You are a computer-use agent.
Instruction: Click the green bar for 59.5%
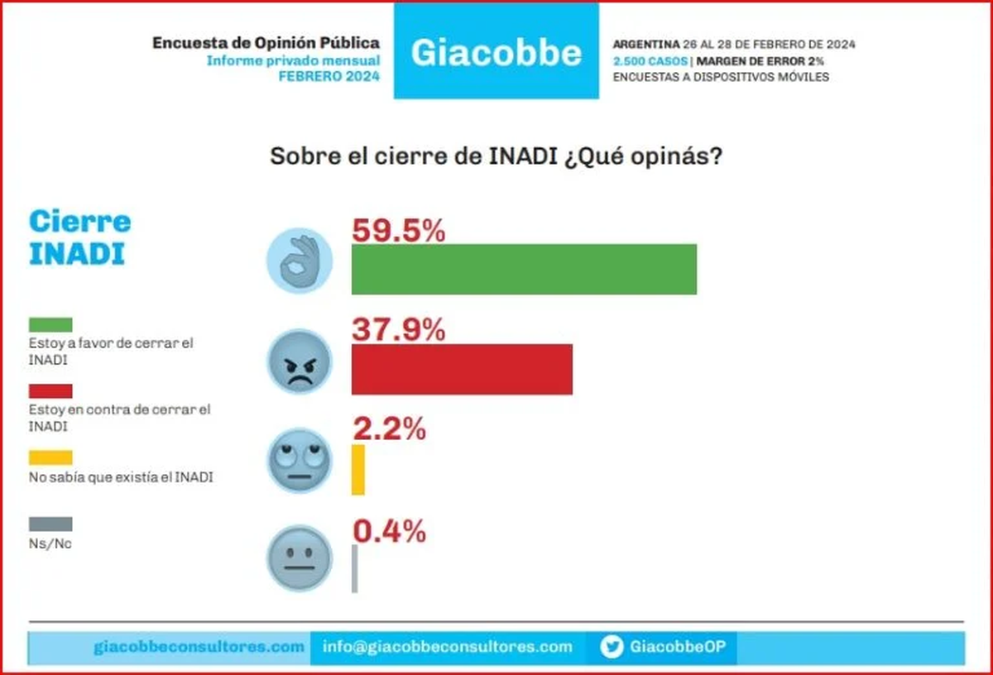tap(524, 270)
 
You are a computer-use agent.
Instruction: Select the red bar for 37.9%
tap(462, 369)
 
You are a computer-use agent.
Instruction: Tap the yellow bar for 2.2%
tap(357, 470)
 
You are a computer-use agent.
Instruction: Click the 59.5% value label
tap(399, 231)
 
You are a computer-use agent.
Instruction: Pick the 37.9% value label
tap(399, 330)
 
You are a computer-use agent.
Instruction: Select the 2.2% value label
tap(389, 429)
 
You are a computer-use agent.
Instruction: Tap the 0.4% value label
tap(389, 531)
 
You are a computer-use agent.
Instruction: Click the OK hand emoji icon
tap(299, 261)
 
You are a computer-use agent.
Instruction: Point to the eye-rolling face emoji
tap(299, 460)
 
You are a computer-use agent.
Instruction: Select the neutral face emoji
tap(299, 558)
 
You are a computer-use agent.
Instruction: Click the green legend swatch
tap(50, 324)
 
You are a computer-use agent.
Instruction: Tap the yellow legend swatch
tap(50, 457)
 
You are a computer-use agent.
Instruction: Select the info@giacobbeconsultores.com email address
tap(447, 647)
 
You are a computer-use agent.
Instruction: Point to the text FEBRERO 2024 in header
tap(329, 76)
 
